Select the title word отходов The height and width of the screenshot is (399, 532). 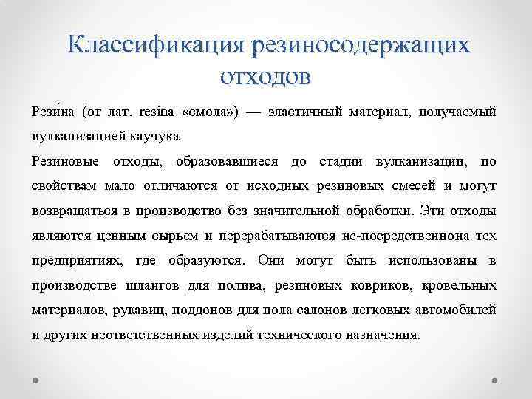266,75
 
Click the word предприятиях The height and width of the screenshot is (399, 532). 79,260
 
